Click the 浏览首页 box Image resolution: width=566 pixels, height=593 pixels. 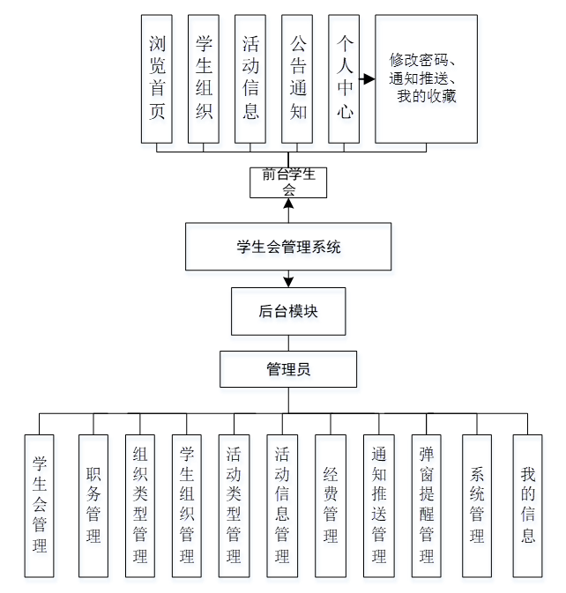pyautogui.click(x=157, y=78)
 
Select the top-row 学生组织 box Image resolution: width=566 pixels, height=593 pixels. pyautogui.click(x=204, y=78)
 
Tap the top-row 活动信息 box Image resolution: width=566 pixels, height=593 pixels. pyautogui.click(x=250, y=78)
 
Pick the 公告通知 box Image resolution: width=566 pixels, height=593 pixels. pyautogui.click(x=297, y=78)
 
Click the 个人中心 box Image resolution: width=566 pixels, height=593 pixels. pyautogui.click(x=344, y=78)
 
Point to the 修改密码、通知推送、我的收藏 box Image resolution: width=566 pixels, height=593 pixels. pyautogui.click(x=426, y=78)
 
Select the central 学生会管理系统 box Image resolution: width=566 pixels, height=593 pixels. pyautogui.click(x=288, y=247)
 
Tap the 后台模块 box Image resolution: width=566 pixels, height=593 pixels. pyautogui.click(x=288, y=311)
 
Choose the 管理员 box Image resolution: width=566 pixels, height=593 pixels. pyautogui.click(x=288, y=370)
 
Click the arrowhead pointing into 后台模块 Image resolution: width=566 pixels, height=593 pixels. pyautogui.click(x=288, y=282)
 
